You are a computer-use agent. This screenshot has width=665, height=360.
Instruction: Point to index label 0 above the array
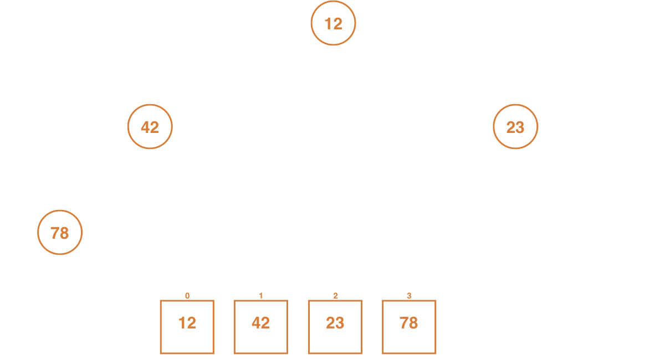tap(187, 296)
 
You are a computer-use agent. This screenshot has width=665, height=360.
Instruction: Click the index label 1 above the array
tap(261, 296)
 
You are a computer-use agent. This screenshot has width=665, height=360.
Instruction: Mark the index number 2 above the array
tap(335, 296)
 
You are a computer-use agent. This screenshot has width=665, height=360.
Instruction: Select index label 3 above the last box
tap(409, 296)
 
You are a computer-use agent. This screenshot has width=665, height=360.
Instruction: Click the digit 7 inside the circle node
tap(55, 233)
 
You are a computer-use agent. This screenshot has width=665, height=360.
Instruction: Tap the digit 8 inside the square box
tap(413, 322)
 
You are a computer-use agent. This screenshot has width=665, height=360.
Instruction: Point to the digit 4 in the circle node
tap(145, 127)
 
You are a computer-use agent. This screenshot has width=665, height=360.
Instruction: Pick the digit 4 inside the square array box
tap(256, 322)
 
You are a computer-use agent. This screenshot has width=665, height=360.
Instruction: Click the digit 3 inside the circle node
tap(520, 127)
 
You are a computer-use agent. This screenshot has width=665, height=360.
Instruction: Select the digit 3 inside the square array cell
tap(340, 323)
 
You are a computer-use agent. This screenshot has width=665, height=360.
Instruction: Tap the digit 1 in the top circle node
tap(328, 24)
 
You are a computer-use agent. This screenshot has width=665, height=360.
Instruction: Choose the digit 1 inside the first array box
tap(182, 323)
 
